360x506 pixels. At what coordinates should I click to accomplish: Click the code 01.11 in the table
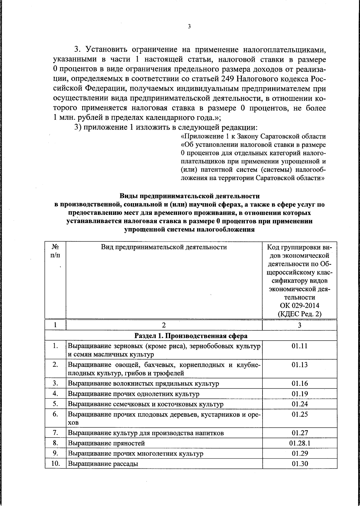(300, 346)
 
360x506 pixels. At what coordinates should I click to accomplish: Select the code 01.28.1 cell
(300, 443)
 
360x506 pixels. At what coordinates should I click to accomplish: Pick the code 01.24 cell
(300, 404)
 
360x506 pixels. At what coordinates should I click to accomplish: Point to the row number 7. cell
(55, 433)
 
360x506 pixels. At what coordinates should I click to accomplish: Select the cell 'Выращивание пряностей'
(106, 443)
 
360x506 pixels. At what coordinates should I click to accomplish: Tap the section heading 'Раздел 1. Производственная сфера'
(191, 335)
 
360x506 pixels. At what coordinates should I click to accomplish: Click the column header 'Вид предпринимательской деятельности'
(164, 247)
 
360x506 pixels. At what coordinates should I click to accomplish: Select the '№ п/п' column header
(55, 251)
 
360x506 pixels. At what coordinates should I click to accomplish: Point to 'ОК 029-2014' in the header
(300, 306)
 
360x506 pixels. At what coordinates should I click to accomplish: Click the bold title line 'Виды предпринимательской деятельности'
(190, 196)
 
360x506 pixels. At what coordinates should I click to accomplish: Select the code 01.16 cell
(300, 384)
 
